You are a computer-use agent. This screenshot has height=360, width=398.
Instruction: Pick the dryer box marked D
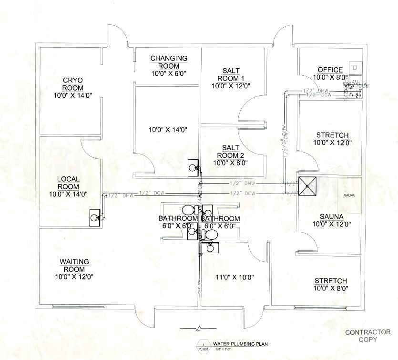coord(355,67)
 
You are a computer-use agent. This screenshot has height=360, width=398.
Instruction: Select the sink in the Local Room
coord(95,217)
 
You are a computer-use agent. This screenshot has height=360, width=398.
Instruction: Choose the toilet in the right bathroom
coord(209,234)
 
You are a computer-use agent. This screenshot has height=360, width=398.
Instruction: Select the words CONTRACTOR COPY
coord(367,336)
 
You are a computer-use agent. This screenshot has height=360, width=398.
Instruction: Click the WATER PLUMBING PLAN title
coord(235,343)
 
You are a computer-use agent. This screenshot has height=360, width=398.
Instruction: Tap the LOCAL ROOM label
coord(69,183)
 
